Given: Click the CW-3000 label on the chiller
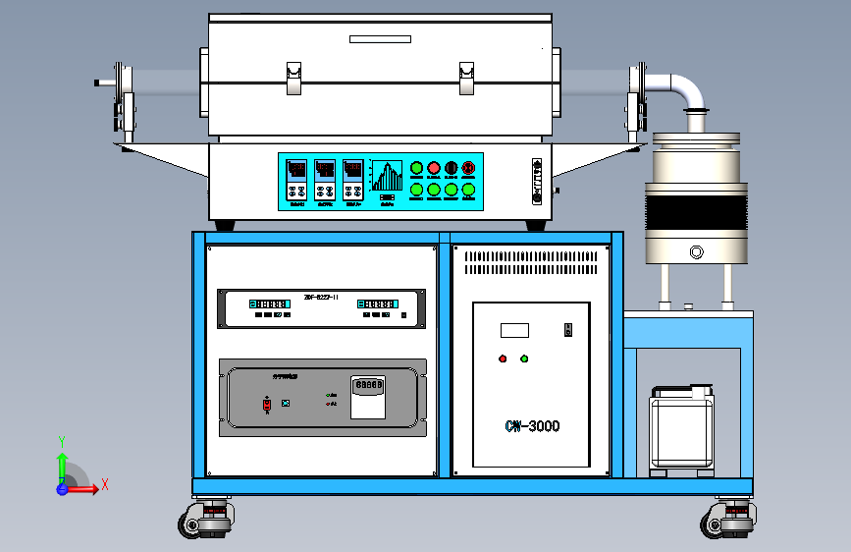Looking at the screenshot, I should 532,426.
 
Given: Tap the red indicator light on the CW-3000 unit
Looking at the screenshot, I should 503,359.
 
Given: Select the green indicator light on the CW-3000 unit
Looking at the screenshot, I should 524,359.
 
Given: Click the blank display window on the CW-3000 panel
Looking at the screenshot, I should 514,330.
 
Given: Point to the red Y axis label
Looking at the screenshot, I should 61,441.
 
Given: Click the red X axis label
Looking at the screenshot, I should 105,484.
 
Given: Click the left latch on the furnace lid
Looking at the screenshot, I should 293,79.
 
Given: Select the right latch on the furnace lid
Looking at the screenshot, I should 466,79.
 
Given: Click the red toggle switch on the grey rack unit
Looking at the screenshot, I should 267,404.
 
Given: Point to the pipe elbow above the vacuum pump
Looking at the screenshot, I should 688,90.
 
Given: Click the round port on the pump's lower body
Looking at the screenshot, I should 696,252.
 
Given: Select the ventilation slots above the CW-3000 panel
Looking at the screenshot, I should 531,262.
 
